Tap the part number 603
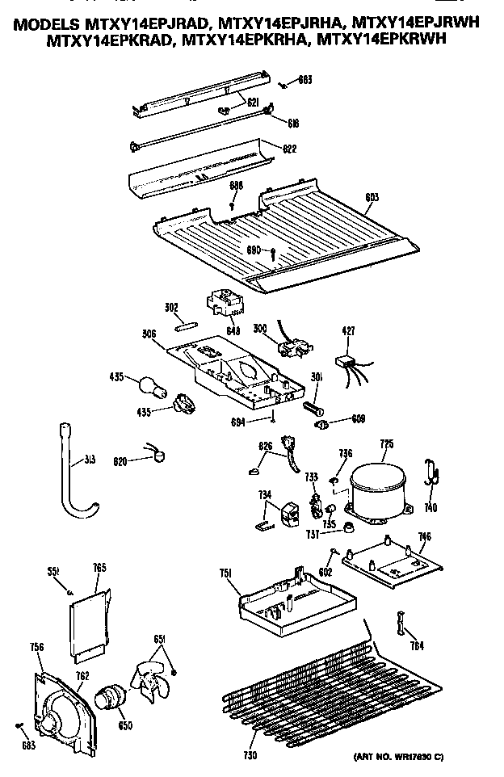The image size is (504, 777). [x=372, y=197]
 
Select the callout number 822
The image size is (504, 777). [x=289, y=148]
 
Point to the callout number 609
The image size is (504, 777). [x=359, y=419]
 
